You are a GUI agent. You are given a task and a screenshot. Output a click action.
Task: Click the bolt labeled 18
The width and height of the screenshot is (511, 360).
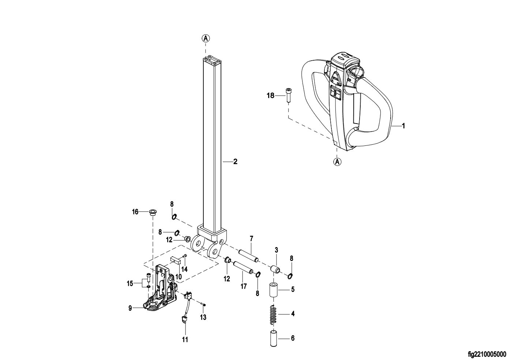[289, 95]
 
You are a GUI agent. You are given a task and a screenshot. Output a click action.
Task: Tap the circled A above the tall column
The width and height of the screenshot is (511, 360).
[206, 38]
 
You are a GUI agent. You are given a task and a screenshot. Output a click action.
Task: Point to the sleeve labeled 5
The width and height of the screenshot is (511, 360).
[273, 290]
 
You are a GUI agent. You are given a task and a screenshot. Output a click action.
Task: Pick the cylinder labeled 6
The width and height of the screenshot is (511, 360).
[274, 338]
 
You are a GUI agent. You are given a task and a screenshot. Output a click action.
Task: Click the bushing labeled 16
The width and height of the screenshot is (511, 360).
[153, 212]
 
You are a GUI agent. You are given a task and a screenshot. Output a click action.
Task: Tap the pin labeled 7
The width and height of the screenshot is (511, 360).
[249, 256]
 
